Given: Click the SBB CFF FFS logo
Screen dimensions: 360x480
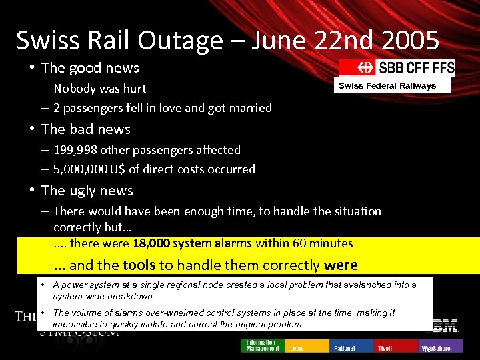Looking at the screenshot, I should click(397, 67).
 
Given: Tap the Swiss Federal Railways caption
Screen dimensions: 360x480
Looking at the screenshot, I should click(387, 85).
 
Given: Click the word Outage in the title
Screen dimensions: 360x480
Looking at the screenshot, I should click(180, 41).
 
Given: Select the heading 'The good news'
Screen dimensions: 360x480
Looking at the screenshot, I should click(90, 68).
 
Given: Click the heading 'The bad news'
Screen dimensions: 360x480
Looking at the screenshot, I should click(86, 129).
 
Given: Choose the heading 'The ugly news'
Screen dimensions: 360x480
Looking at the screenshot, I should click(87, 191).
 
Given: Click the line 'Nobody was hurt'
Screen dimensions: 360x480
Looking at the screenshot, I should click(100, 89).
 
